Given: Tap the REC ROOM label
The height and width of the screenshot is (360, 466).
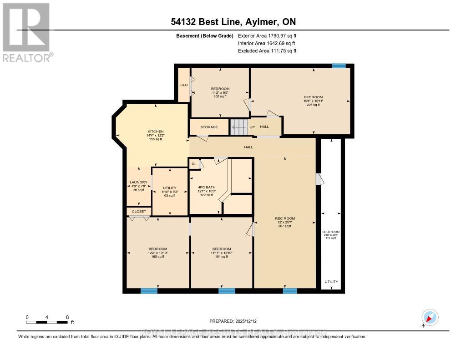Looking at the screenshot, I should pyautogui.click(x=285, y=218).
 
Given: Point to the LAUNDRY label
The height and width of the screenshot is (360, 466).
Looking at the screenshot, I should pyautogui.click(x=138, y=183).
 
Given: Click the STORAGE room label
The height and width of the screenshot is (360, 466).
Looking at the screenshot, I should pyautogui.click(x=209, y=127).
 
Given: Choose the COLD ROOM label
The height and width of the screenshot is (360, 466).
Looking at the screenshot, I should pyautogui.click(x=331, y=232).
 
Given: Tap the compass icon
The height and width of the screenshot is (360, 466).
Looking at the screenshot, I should pyautogui.click(x=430, y=317).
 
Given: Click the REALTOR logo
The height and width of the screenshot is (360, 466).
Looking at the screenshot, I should pyautogui.click(x=27, y=32).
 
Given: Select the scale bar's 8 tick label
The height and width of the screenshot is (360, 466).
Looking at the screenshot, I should pyautogui.click(x=67, y=317).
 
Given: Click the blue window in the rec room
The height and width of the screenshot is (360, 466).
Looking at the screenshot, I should pyautogui.click(x=290, y=291).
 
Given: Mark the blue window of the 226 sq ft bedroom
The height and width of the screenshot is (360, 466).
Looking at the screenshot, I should pyautogui.click(x=339, y=66).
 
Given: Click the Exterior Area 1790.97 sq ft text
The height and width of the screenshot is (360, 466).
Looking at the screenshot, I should pyautogui.click(x=267, y=35).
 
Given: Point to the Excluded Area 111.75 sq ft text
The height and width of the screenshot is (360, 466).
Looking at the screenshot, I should pyautogui.click(x=267, y=51).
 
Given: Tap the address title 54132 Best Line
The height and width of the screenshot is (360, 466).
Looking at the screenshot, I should pyautogui.click(x=233, y=22).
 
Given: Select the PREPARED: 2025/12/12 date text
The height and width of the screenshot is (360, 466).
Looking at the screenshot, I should pyautogui.click(x=236, y=321).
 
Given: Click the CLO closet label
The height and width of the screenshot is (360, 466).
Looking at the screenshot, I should pyautogui.click(x=184, y=85).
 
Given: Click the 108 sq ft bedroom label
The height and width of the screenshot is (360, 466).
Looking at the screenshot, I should pyautogui.click(x=220, y=88).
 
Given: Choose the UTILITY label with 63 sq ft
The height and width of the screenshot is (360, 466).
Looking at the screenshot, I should pyautogui.click(x=169, y=188).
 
